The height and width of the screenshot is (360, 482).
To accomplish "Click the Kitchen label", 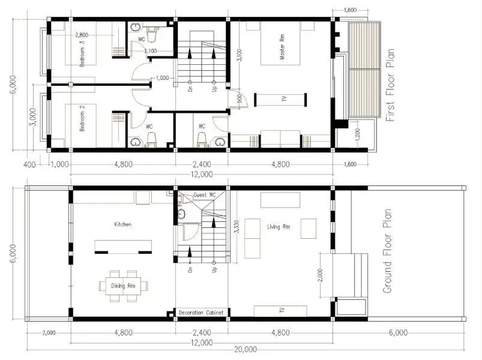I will coord(122,224).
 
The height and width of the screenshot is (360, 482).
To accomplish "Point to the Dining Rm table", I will coord(125,286).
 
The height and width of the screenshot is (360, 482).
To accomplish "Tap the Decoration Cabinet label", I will coord(201,313).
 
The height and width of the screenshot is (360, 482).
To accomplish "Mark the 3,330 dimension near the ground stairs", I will coord(235,227).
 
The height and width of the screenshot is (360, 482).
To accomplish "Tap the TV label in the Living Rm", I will coord(281,311).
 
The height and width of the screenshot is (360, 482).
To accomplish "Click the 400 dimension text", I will coord(29,164).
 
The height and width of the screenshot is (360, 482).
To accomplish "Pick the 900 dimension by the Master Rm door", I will coord(238,100).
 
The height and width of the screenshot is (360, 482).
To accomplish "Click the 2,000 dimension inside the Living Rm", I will coord(321,275).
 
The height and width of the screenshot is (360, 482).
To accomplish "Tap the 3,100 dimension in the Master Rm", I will coord(239,55).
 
